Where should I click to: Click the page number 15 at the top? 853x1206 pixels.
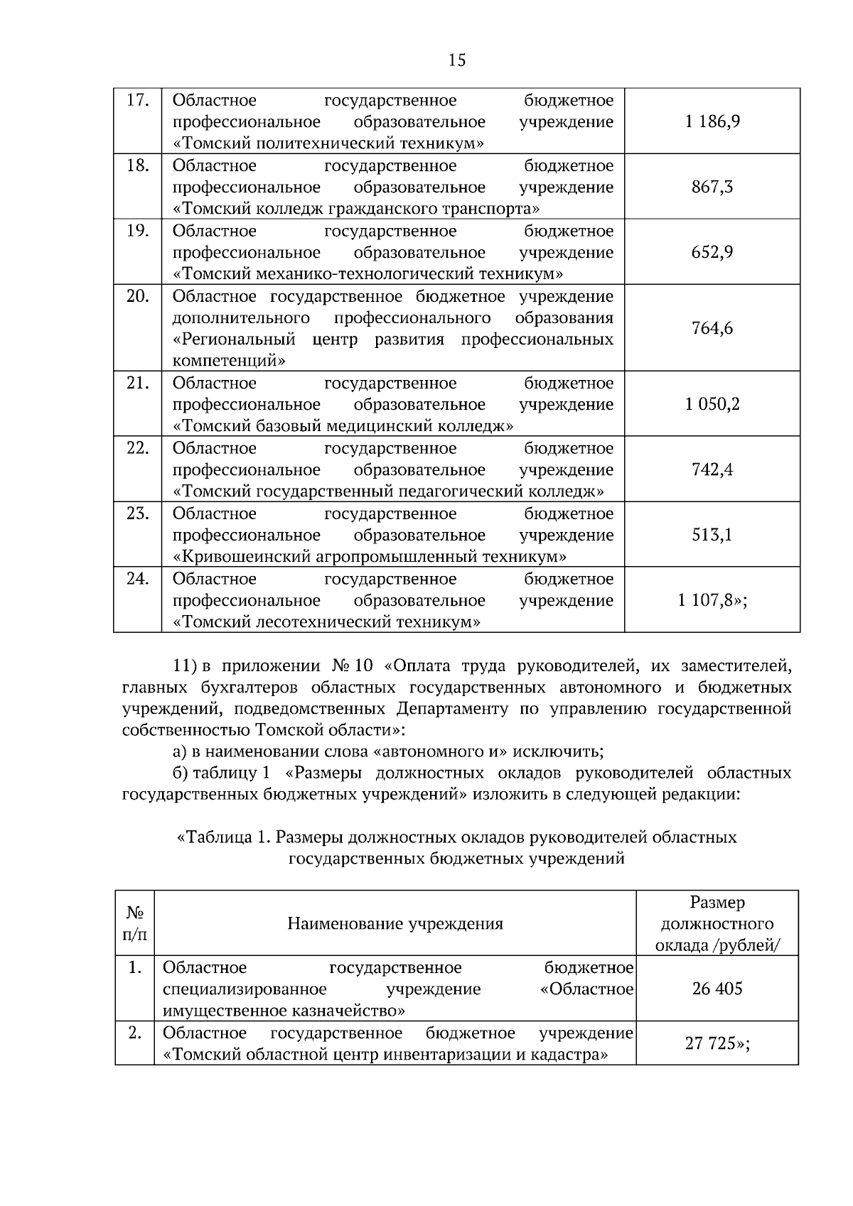click(457, 60)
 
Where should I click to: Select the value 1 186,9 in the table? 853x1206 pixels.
click(712, 121)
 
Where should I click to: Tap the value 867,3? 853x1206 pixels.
click(712, 188)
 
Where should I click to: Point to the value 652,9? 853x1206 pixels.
click(712, 253)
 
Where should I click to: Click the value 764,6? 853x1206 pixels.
click(712, 329)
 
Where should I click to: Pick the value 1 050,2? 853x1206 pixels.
click(712, 405)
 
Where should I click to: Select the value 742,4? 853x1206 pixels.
click(712, 470)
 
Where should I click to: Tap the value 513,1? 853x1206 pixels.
click(712, 536)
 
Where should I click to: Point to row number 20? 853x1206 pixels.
click(137, 297)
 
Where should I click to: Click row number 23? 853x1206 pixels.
click(137, 514)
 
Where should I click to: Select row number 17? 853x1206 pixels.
click(137, 101)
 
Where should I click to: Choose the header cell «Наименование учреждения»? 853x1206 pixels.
click(395, 924)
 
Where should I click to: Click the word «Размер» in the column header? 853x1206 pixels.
click(717, 903)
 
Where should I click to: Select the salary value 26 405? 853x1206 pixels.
click(717, 989)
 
